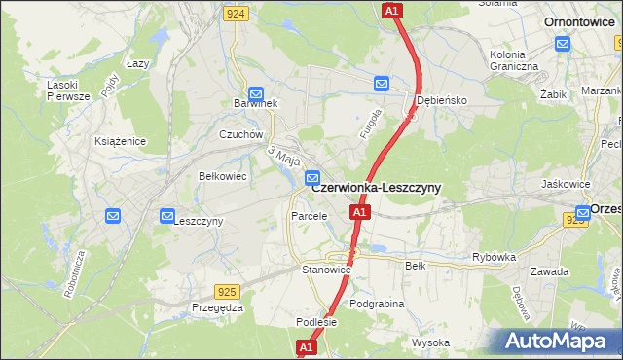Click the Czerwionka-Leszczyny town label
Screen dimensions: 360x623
point(375,187)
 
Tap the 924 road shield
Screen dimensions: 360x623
point(235,14)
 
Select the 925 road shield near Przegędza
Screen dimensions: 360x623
point(227,291)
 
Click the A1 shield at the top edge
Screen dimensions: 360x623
point(391,11)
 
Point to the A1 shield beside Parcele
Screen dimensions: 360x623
point(360,212)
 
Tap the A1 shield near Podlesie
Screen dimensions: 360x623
point(306,346)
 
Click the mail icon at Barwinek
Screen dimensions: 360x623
point(255,88)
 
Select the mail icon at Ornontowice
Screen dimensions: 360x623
point(563,44)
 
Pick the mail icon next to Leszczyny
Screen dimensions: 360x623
point(167,215)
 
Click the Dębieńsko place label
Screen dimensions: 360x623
point(442,100)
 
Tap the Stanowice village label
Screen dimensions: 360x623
point(325,269)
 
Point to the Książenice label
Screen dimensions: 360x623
point(120,141)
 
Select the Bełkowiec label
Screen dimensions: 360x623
point(221,176)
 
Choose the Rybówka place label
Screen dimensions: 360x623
point(493,258)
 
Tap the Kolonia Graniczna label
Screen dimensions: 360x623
point(515,60)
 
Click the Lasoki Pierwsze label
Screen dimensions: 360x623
point(69,90)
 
